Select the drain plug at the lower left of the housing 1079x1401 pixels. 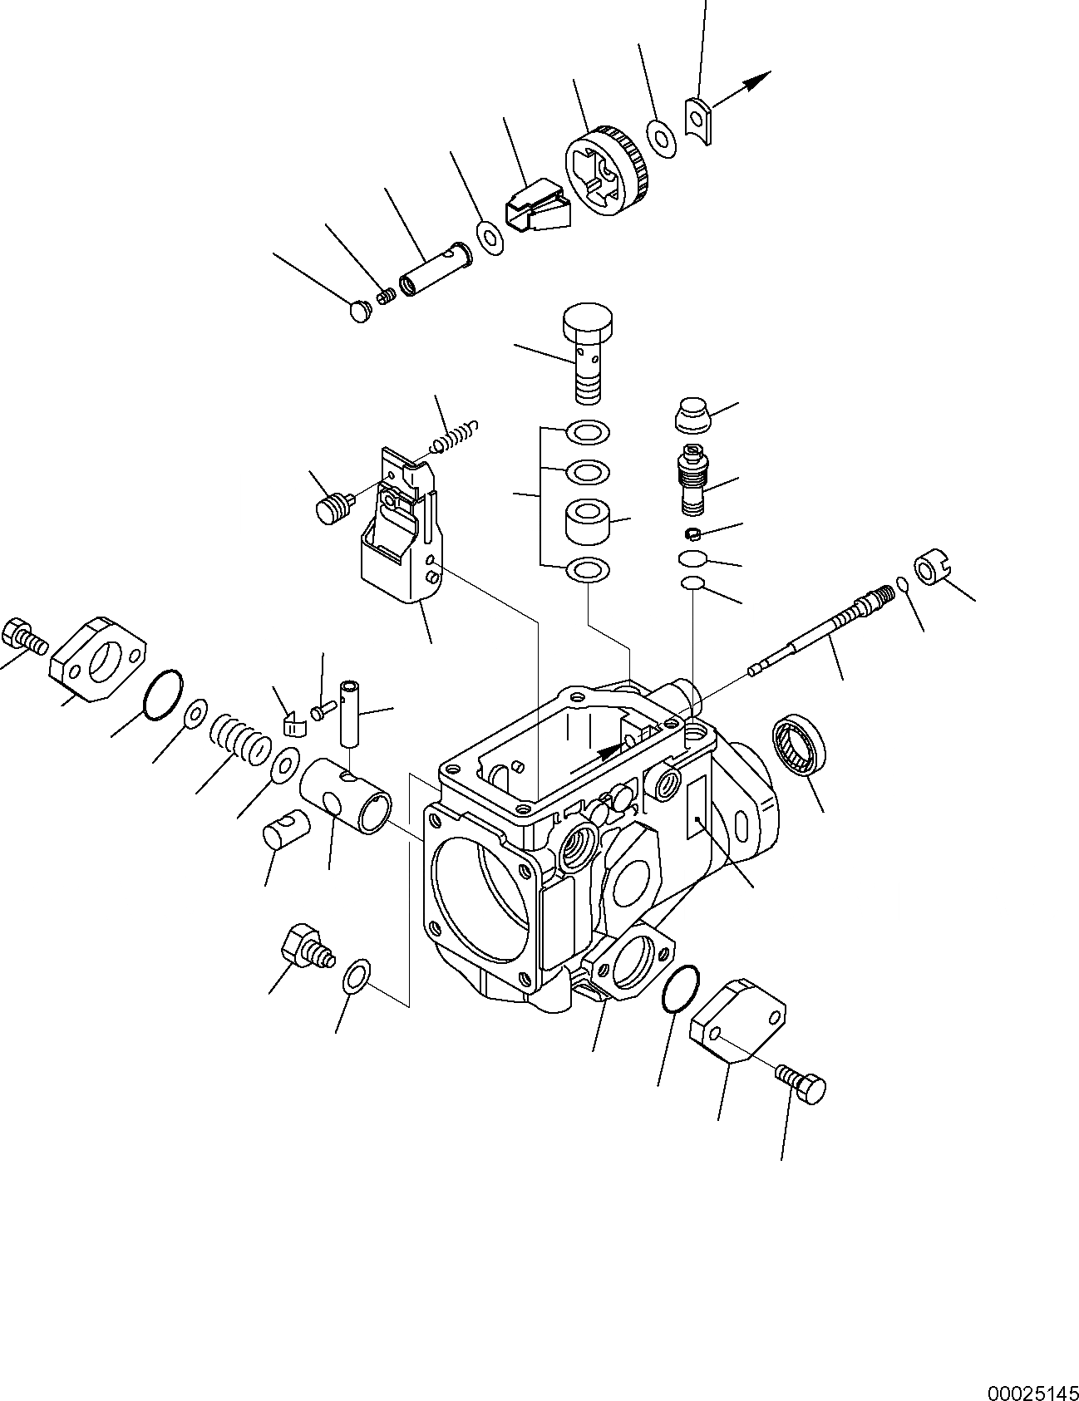pos(306,947)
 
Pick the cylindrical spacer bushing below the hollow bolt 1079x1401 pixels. pos(586,519)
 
